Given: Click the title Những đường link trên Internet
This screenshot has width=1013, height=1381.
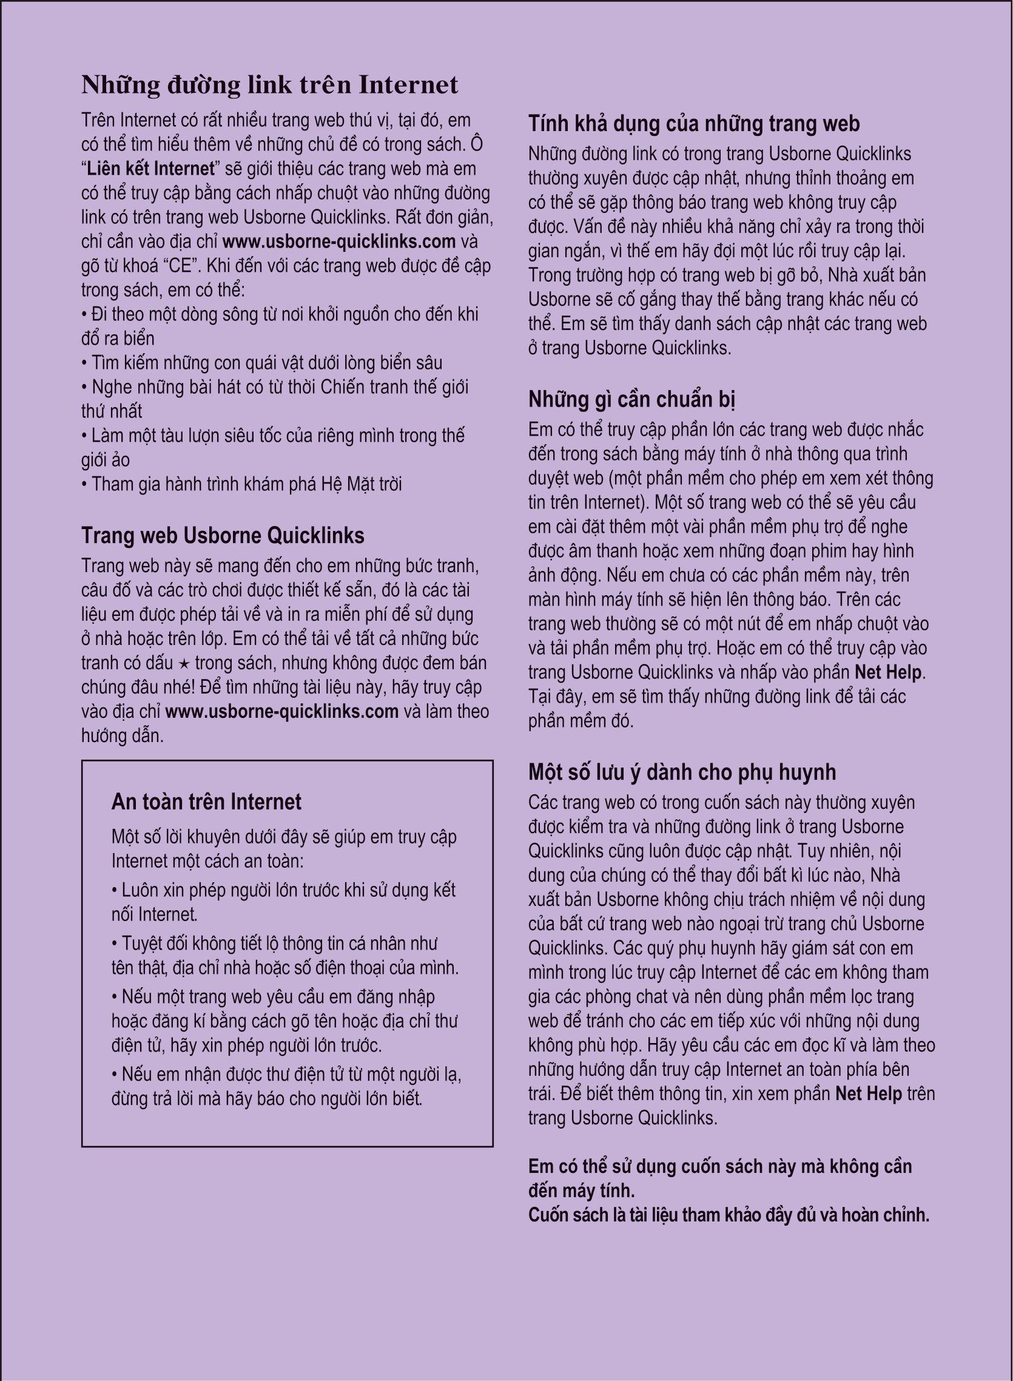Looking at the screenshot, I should pos(270,84).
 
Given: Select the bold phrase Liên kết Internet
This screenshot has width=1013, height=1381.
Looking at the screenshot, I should pos(150,168).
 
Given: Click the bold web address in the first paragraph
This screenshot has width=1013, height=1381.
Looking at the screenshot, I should pos(338,241).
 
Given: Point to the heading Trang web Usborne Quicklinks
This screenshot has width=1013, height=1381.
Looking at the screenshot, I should pos(223,535).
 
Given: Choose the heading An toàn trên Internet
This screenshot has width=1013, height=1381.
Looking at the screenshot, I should pos(206,802).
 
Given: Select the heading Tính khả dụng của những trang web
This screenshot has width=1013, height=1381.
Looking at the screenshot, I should pos(693,123).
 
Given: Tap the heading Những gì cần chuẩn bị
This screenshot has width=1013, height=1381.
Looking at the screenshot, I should pos(631,399).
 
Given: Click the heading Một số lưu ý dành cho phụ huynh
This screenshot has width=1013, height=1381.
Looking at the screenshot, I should pos(682,771).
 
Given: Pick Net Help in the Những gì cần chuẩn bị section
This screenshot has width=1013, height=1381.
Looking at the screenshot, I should pos(888,672).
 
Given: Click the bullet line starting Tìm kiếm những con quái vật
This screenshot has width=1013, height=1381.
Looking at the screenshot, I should pos(262,362).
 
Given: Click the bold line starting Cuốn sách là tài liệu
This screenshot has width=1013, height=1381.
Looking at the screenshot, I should pos(729,1215).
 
